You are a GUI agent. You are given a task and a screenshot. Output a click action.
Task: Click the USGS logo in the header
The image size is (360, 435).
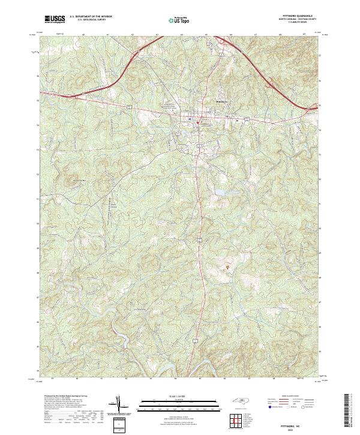point(54,19)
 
